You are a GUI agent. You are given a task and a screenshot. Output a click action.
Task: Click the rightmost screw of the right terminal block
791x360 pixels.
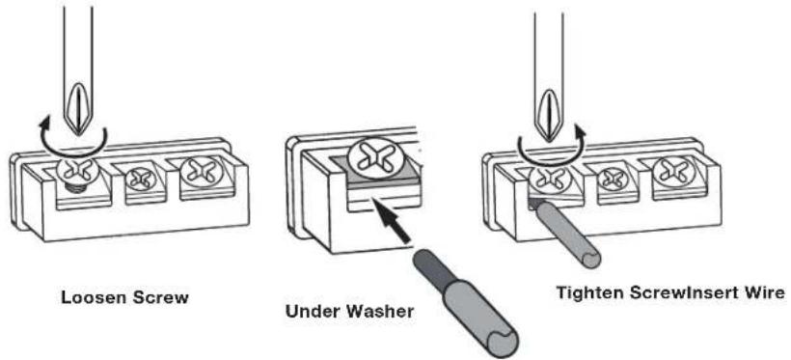coord(671,175)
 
